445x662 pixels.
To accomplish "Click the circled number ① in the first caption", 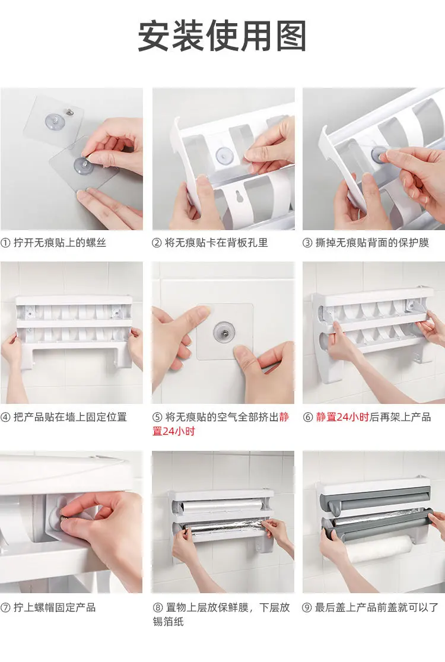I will [5, 243].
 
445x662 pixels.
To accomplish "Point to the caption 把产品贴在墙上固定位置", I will [70, 417].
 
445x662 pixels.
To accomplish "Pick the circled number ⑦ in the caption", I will [5, 607].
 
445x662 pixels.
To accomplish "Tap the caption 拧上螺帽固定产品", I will [55, 607].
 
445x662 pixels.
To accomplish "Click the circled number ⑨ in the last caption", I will [307, 607].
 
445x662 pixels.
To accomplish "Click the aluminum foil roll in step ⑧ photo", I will [223, 528].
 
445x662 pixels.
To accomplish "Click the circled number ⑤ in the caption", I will [157, 417].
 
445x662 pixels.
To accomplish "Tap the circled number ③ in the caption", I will [307, 243].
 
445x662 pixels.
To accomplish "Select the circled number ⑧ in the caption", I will [157, 607].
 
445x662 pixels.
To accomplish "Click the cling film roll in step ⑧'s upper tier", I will [223, 506].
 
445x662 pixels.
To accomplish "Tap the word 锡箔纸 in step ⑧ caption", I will [169, 622].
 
